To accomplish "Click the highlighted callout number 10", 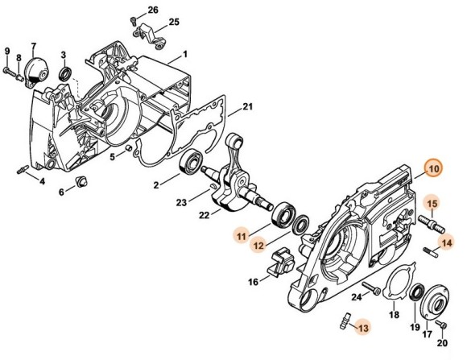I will click(434, 169).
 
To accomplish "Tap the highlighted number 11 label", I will click(240, 234).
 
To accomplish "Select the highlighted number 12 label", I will click(260, 245).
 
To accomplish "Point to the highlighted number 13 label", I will click(363, 328).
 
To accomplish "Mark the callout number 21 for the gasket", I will click(248, 106).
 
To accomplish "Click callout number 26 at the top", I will click(153, 10).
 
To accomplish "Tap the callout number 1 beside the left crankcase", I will click(184, 55).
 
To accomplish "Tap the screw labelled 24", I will click(370, 287).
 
